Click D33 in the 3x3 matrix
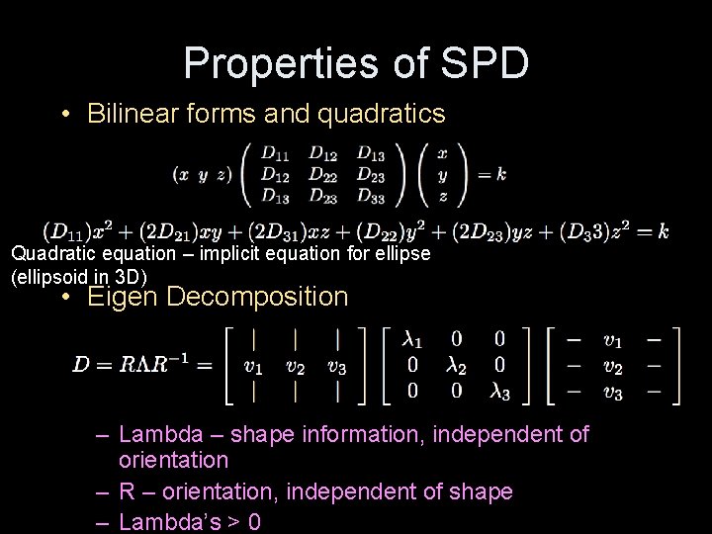[x=371, y=195]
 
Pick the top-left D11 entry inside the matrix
[x=275, y=152]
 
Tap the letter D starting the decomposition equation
[x=81, y=364]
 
